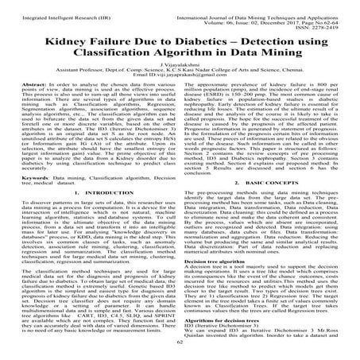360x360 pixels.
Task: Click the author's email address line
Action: [x=180, y=85]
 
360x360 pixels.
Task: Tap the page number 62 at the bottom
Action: [x=180, y=354]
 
